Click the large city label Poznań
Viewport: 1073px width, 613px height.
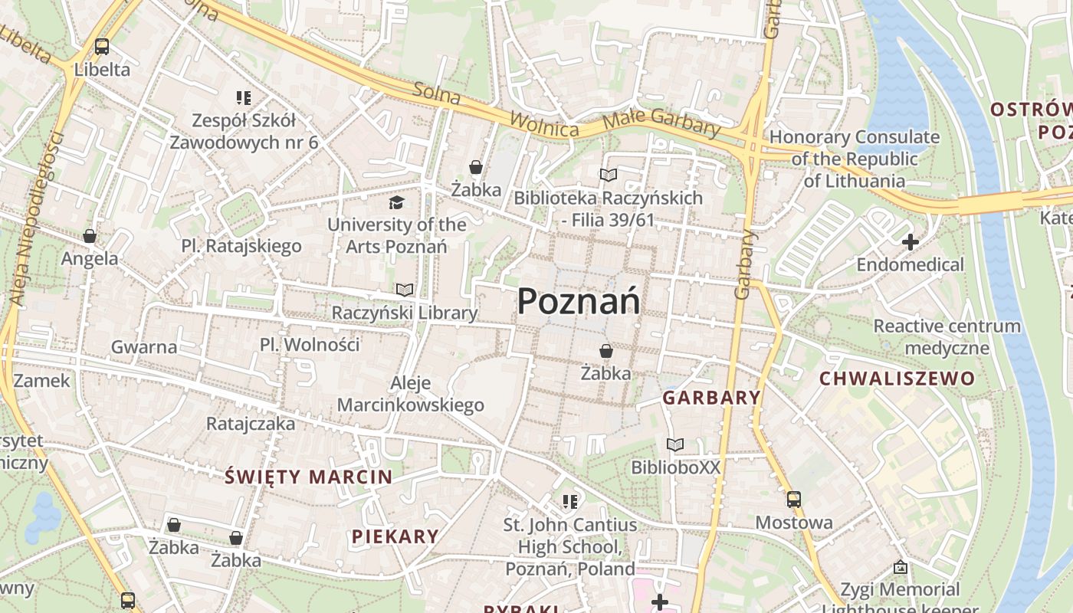point(579,301)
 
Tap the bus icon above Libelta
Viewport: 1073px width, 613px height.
point(102,47)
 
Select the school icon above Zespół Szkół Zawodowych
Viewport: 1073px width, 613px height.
point(244,98)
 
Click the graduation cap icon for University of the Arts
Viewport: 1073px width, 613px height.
point(396,202)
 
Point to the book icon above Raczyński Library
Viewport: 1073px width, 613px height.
point(404,290)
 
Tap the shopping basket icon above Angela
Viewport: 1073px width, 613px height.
point(90,236)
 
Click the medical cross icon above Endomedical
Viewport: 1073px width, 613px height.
point(911,242)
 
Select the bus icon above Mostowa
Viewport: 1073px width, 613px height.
point(794,500)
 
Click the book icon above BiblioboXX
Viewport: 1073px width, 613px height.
point(675,444)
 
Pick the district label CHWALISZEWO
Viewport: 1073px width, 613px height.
point(897,379)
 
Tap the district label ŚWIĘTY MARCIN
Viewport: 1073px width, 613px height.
point(309,477)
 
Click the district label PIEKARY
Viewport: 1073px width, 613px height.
point(395,536)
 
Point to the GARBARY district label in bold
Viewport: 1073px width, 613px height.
point(711,398)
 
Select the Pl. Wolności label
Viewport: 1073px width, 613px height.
point(310,345)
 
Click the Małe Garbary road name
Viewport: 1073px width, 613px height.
point(661,123)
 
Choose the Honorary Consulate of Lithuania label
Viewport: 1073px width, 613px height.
point(855,159)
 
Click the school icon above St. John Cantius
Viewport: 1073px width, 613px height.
point(569,502)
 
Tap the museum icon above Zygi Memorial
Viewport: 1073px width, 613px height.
point(901,568)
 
